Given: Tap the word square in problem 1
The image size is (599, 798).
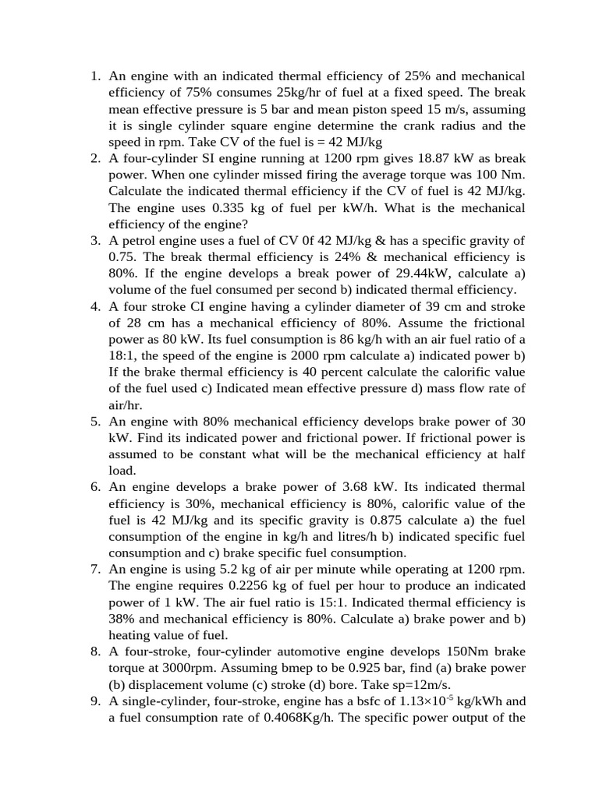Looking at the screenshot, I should [x=238, y=125].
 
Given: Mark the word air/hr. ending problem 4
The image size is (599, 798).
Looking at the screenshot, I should [x=126, y=404].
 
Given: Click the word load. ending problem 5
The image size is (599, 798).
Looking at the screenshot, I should [x=122, y=470].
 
